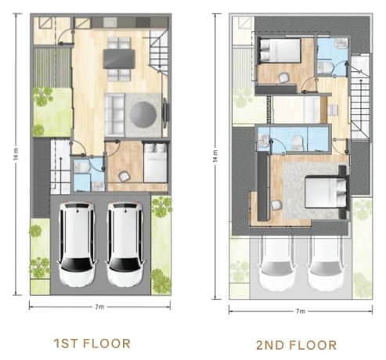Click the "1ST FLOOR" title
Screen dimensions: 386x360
click(x=92, y=344)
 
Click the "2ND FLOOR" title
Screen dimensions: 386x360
click(x=296, y=345)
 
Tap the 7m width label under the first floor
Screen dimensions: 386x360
click(x=99, y=307)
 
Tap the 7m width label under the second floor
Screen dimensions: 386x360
click(x=300, y=311)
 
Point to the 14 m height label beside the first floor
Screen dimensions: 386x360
click(x=16, y=153)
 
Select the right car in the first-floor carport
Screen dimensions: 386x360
click(x=125, y=244)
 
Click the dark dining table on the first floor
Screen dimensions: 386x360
click(x=119, y=59)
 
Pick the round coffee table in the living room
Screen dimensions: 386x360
click(x=143, y=114)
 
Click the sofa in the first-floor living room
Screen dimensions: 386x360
click(x=114, y=115)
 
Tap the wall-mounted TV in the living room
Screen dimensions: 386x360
click(x=166, y=113)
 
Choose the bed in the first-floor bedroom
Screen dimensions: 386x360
click(x=155, y=163)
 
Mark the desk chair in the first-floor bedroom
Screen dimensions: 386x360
click(x=124, y=176)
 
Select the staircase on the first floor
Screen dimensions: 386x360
click(x=159, y=51)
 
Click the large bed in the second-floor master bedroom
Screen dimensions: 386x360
click(x=326, y=193)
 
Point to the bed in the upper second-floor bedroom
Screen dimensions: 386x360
click(x=280, y=50)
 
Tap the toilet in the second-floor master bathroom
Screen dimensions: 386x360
click(x=298, y=142)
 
